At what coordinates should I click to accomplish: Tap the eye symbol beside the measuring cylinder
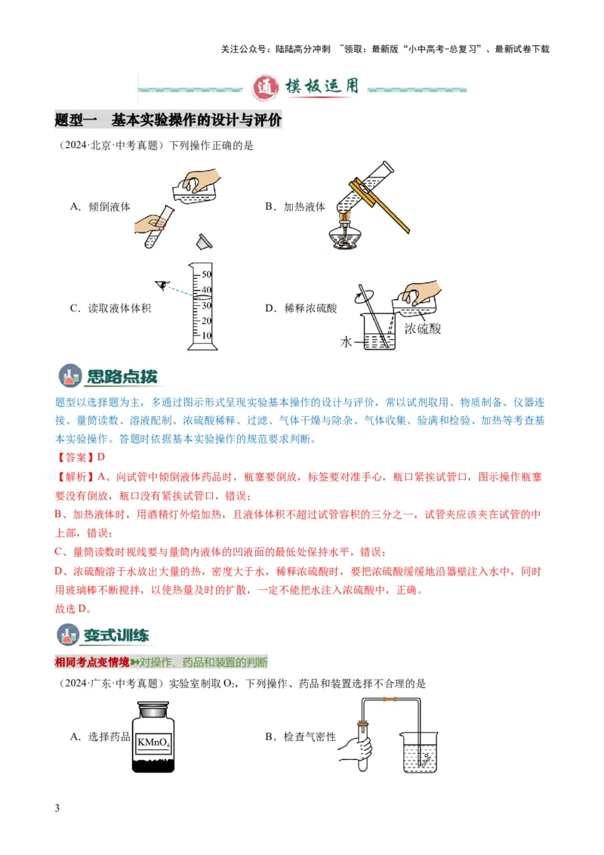pos(161,284)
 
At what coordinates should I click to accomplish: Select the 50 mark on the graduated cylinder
pos(206,275)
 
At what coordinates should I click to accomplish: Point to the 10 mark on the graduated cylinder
pos(206,335)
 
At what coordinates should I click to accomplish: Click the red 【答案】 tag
pos(75,457)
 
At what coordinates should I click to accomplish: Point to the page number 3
pos(57,809)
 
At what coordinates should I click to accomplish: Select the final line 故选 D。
pos(77,607)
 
